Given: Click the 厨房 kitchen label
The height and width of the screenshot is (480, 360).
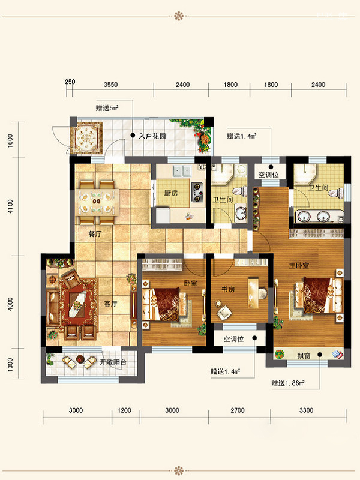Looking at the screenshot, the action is click(x=171, y=193).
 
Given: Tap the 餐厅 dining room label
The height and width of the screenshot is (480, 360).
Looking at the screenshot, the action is click(x=95, y=234).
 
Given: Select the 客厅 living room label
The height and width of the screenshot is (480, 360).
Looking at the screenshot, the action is click(x=110, y=304).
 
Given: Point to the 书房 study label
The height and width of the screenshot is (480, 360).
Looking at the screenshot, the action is click(x=228, y=289).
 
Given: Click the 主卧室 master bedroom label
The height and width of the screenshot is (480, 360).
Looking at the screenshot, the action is click(x=299, y=265).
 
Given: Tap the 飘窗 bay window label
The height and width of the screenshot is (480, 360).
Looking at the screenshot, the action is click(x=304, y=355).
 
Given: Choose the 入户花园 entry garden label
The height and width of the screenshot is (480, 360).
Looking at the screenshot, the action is click(x=152, y=136).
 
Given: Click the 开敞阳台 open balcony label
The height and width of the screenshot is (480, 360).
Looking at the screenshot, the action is click(x=113, y=362).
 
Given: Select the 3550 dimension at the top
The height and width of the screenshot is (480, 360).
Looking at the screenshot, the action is click(x=110, y=85).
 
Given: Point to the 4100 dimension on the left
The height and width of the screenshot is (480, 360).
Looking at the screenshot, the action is click(x=10, y=206).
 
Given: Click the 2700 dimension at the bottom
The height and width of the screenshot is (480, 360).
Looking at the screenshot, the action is click(x=238, y=410).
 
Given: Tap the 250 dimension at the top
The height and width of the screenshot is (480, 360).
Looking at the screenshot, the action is click(x=70, y=82).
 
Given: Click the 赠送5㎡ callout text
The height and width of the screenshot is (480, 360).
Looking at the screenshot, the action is click(x=107, y=108).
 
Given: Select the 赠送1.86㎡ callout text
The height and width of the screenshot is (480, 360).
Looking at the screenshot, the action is click(x=288, y=383).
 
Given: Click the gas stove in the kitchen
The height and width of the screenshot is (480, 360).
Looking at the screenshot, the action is click(x=197, y=192).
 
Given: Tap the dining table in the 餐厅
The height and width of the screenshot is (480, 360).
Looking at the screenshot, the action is click(x=97, y=201).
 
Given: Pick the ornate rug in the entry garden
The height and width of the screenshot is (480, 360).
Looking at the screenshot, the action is click(x=86, y=138).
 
